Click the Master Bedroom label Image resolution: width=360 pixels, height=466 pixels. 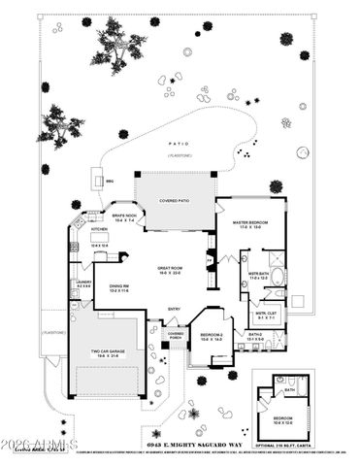tap(250, 225)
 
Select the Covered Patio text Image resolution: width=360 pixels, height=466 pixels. tap(175, 202)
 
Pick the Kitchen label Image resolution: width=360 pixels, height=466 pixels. tap(98, 229)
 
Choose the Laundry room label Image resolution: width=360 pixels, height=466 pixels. tap(83, 283)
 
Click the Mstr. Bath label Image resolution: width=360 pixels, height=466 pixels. tap(257, 277)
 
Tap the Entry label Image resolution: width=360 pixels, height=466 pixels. tap(174, 311)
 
